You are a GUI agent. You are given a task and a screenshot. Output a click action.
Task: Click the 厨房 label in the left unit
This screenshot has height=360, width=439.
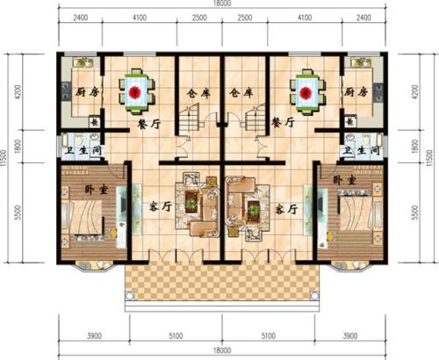click(x=73, y=90)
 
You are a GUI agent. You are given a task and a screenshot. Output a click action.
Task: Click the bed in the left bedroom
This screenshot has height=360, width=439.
click(x=86, y=220)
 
